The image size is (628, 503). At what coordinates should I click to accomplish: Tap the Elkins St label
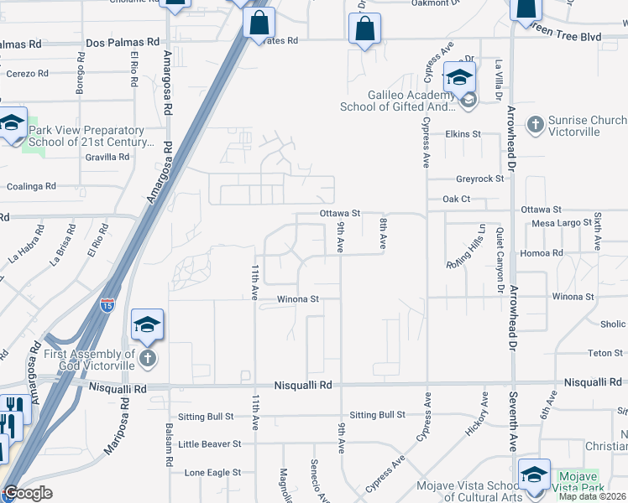[463, 133]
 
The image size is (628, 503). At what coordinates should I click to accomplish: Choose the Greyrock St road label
[479, 179]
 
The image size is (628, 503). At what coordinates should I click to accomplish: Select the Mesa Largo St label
[563, 223]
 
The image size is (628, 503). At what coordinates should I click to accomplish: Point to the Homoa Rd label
[542, 252]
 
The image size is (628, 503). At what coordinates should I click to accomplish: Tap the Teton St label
[604, 353]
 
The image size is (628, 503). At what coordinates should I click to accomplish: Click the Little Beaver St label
[209, 443]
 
